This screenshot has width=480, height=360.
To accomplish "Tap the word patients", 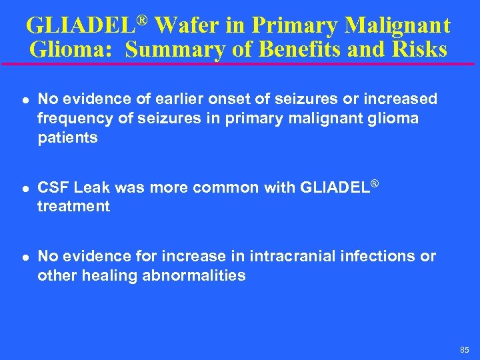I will [x=67, y=138].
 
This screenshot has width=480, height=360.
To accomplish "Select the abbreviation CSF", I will [x=52, y=188].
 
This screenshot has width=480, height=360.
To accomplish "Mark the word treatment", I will [x=73, y=207].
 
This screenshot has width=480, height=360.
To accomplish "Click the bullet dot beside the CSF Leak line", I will [x=23, y=189].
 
